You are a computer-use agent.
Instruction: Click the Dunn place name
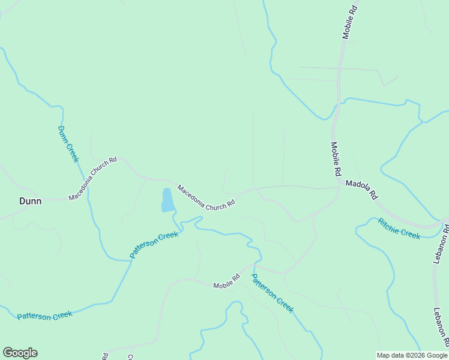tap(30, 201)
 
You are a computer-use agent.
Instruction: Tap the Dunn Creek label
tap(68, 143)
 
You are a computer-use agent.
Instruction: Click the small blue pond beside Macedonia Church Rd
tap(167, 200)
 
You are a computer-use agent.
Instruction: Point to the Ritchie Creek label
tap(399, 229)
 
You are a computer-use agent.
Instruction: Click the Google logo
tap(20, 353)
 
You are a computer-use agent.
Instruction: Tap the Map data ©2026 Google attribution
tap(412, 355)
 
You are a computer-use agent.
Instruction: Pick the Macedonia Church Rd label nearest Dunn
tap(92, 179)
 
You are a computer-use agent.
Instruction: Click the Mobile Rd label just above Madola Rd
tap(336, 159)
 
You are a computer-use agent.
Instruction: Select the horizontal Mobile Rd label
tap(227, 281)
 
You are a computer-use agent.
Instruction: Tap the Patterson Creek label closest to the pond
tap(154, 245)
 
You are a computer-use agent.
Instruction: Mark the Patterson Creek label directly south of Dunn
tap(44, 315)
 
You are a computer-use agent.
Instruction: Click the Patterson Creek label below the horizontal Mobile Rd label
tap(272, 293)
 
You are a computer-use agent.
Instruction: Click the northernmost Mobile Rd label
tap(349, 23)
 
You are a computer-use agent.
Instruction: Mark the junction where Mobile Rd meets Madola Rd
tap(339, 187)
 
